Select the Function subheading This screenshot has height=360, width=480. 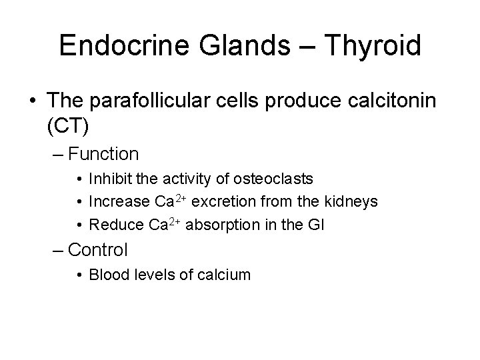click(103, 155)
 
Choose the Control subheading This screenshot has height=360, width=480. click(97, 250)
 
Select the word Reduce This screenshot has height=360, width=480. click(109, 225)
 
